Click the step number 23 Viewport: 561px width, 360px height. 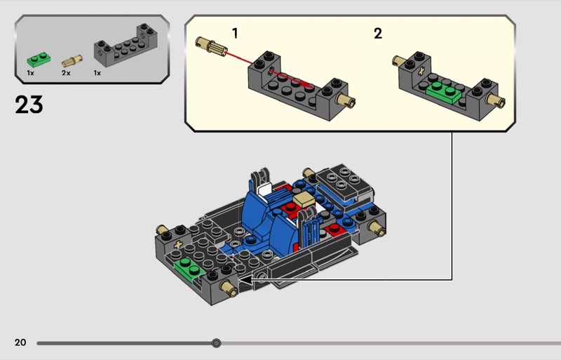click(x=29, y=105)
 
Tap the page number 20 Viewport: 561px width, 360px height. click(x=20, y=342)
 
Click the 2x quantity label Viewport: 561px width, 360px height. click(x=66, y=73)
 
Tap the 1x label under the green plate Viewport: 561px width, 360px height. click(x=31, y=73)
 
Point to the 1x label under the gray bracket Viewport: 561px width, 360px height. click(x=97, y=73)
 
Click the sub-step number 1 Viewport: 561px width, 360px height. click(x=235, y=33)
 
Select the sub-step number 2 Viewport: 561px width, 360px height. click(x=378, y=33)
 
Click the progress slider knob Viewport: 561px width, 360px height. click(x=216, y=343)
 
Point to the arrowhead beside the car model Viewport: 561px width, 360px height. click(x=245, y=279)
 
